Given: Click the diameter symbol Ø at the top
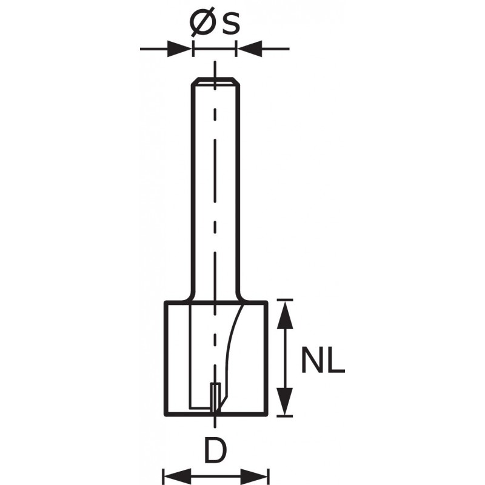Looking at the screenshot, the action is tap(202, 24).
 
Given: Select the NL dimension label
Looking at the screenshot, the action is tap(323, 360).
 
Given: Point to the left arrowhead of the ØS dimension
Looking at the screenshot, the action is tap(179, 49).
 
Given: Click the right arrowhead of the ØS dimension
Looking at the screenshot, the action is tap(250, 49).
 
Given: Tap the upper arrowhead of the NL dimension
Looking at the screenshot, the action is tap(285, 315).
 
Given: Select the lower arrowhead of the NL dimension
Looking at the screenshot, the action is tap(285, 401).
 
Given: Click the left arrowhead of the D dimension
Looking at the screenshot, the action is tap(177, 477).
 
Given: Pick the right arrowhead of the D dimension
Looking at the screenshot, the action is tap(254, 477).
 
